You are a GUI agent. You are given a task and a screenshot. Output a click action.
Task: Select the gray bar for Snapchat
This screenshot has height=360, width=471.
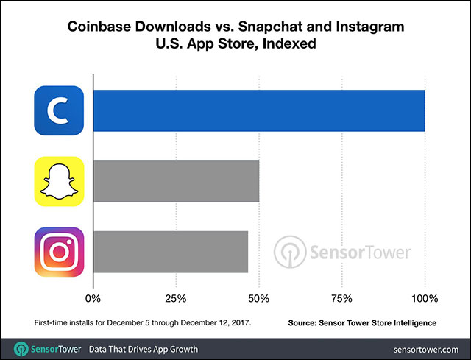click(x=176, y=181)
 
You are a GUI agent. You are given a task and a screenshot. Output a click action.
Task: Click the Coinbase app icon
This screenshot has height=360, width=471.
click(x=59, y=110)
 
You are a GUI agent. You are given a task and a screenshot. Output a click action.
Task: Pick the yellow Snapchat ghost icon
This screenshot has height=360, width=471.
click(x=59, y=181)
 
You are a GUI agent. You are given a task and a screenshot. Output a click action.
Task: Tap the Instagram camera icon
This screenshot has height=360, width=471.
click(x=59, y=252)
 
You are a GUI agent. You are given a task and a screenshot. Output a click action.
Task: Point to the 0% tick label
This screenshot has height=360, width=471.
click(x=93, y=299)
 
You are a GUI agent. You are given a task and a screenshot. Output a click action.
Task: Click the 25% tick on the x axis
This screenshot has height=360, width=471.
click(x=175, y=299)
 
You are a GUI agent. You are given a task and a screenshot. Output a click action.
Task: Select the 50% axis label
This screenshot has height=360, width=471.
click(x=258, y=299)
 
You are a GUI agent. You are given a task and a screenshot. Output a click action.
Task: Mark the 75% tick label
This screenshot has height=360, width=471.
click(x=341, y=299)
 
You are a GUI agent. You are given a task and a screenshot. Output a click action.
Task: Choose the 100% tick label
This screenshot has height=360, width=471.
click(x=424, y=299)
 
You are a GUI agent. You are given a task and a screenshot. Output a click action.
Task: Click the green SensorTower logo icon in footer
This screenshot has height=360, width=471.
click(x=22, y=347)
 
